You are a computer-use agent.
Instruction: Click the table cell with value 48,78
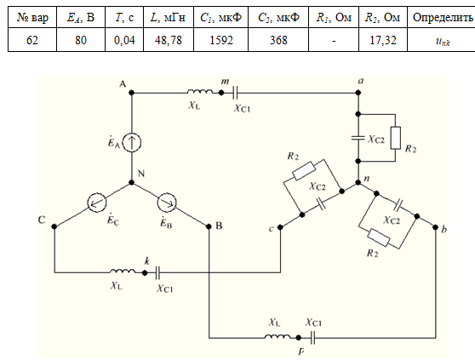[x=169, y=40]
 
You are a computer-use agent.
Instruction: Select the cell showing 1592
[x=220, y=40]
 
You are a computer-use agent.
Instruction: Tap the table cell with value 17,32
[x=383, y=40]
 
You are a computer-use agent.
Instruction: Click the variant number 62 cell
[x=32, y=40]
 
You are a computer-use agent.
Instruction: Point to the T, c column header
[x=124, y=18]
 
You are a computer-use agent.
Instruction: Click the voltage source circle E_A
[x=132, y=142]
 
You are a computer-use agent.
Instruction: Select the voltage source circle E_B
[x=167, y=203]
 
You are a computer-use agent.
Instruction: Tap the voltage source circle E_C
[x=97, y=203]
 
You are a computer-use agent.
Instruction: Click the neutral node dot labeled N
[x=131, y=183]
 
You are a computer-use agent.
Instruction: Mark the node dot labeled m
[x=221, y=93]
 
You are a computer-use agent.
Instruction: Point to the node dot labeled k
[x=145, y=273]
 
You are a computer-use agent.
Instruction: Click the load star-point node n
[x=358, y=183]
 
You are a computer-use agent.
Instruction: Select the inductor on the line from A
[x=200, y=91]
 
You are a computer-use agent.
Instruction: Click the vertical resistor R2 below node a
[x=395, y=138]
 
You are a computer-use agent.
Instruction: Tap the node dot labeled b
[x=435, y=226]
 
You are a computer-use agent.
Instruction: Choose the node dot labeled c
[x=280, y=226]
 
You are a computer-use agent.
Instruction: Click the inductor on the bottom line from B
[x=278, y=336]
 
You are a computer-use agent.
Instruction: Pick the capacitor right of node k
[x=157, y=273]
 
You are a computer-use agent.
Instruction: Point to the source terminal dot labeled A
[x=131, y=93]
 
